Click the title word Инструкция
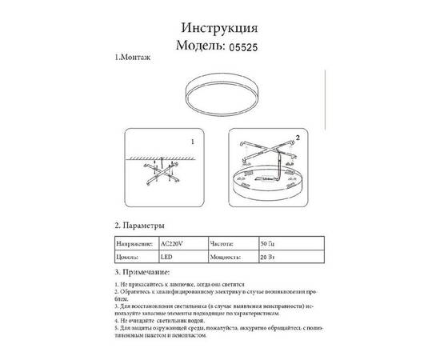tap(219, 26)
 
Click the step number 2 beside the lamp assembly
tap(298, 137)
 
